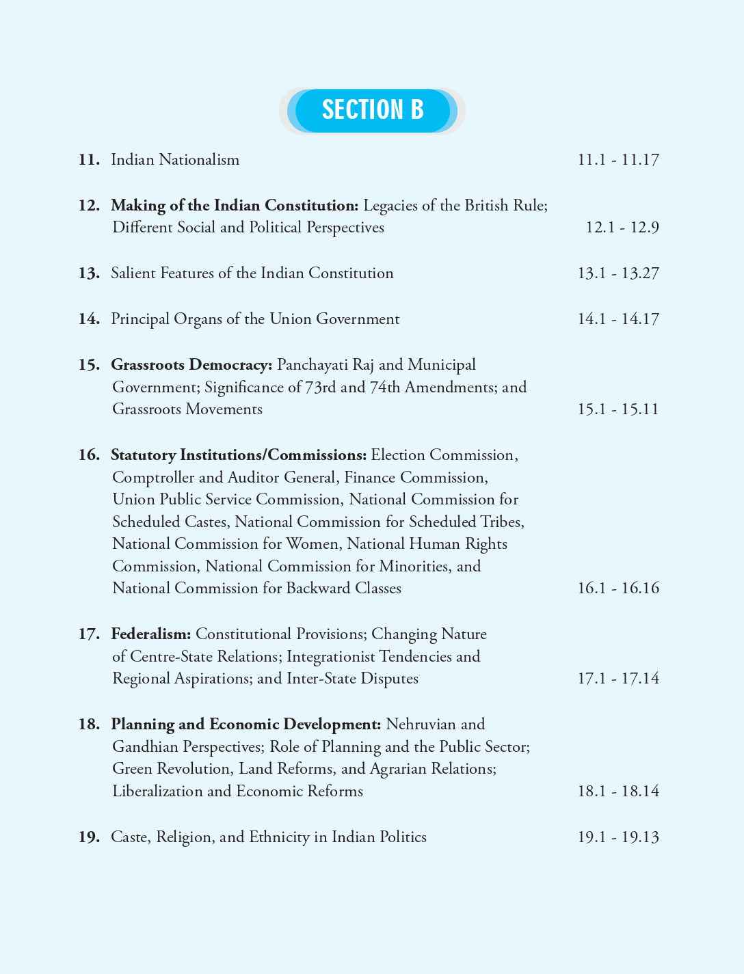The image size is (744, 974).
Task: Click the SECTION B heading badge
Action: tap(372, 110)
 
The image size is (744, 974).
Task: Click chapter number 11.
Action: tap(89, 160)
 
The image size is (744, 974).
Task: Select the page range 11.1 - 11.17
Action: tap(617, 160)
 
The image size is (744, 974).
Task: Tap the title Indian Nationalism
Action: tap(175, 160)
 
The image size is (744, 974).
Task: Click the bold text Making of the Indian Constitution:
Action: tap(235, 206)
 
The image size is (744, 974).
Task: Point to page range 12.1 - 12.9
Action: tap(622, 228)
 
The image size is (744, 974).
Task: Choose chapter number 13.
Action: tap(89, 273)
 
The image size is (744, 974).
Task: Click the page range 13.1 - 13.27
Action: tap(617, 273)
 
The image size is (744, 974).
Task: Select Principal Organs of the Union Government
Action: tap(255, 319)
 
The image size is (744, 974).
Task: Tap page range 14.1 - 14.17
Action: tap(617, 319)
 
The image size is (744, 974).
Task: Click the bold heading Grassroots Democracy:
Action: tap(191, 365)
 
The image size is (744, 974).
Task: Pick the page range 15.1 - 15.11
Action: tap(617, 409)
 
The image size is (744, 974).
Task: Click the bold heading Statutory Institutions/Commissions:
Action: tap(239, 455)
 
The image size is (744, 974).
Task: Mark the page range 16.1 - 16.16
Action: tap(617, 589)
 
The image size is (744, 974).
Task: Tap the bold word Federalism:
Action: tap(151, 634)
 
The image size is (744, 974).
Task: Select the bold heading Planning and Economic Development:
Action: tap(246, 725)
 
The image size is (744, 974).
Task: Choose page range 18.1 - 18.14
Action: tap(617, 792)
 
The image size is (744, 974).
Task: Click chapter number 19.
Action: tap(89, 837)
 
